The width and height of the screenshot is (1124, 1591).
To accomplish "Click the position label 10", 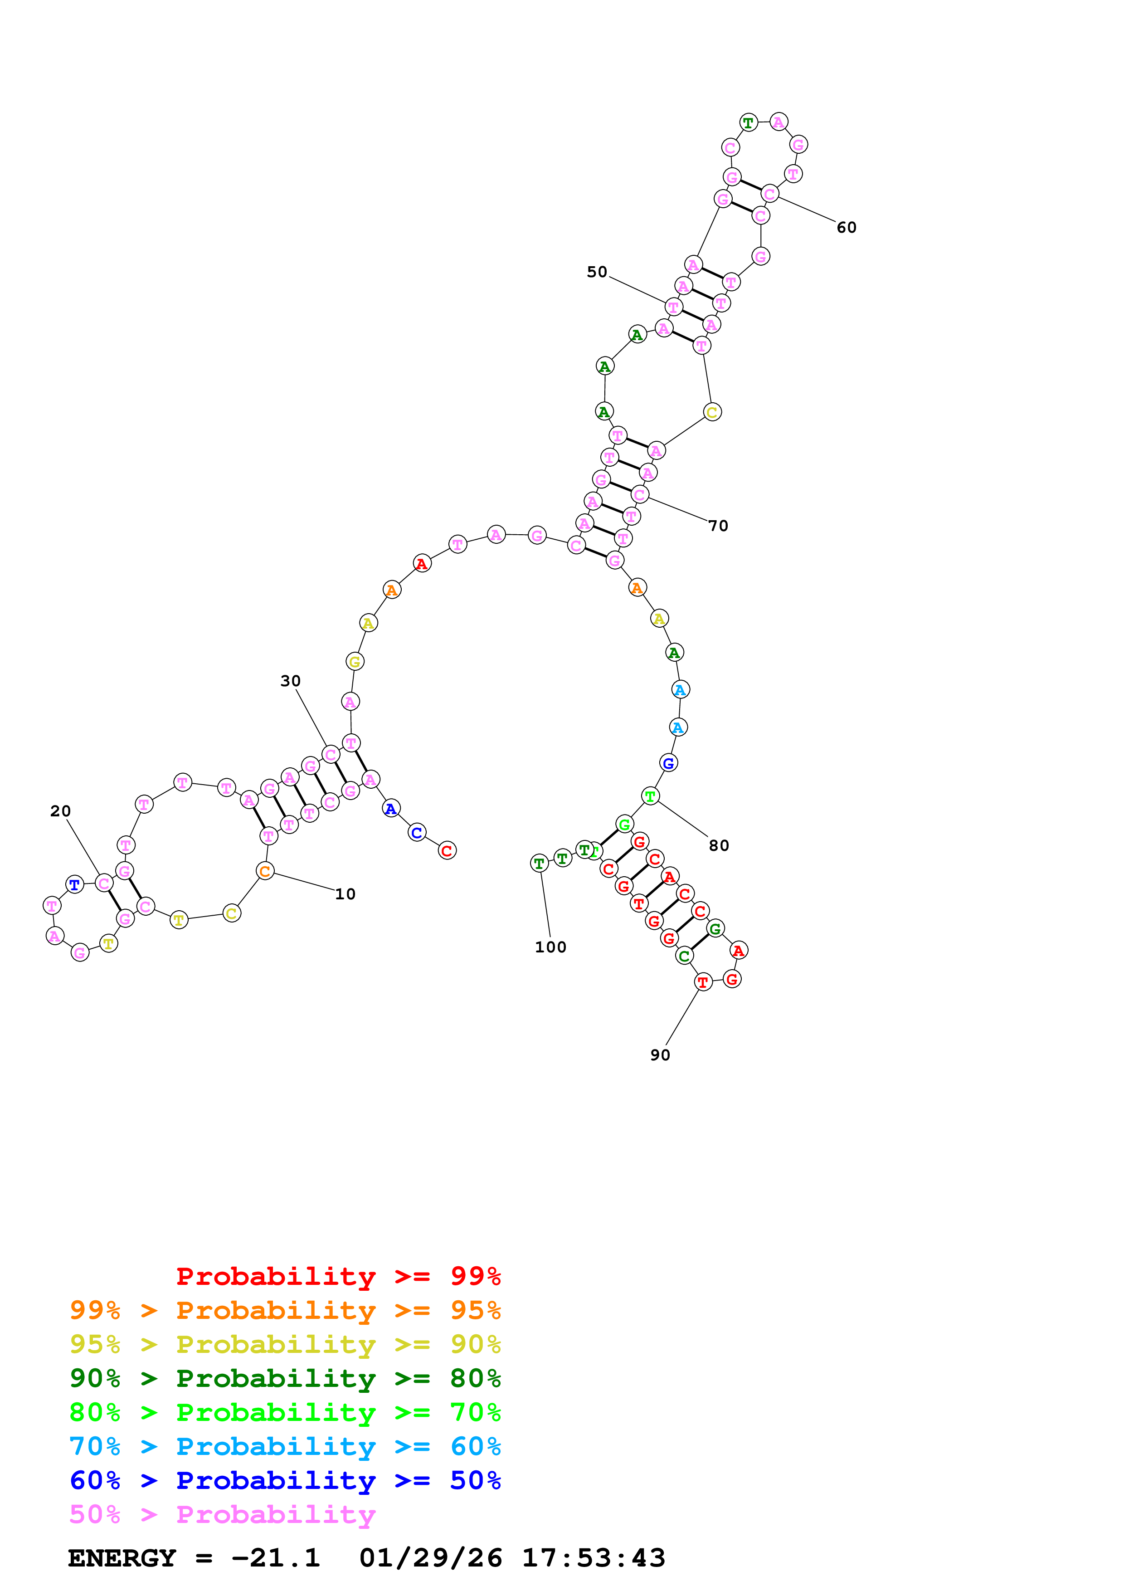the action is (x=345, y=894).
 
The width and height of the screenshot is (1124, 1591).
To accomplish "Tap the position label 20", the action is (x=60, y=811).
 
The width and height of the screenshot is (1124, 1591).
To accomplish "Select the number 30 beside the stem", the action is (x=290, y=681).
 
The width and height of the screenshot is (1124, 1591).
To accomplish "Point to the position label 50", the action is (x=597, y=272).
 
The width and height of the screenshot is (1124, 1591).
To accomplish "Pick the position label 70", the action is (x=718, y=526).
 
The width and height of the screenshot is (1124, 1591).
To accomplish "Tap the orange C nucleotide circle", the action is (x=264, y=872).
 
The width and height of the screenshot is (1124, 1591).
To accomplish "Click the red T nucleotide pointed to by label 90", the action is (x=703, y=982).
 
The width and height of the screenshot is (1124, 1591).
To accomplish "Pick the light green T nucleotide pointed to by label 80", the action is (x=650, y=797).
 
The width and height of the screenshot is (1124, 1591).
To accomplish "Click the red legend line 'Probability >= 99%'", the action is (x=338, y=1276).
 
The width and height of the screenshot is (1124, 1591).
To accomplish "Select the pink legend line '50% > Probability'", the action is (x=222, y=1515).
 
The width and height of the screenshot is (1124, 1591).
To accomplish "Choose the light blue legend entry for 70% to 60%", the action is (x=285, y=1447).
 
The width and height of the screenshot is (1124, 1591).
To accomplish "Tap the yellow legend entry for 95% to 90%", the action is (x=285, y=1344).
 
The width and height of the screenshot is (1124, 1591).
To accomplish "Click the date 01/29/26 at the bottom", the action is (x=430, y=1558).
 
